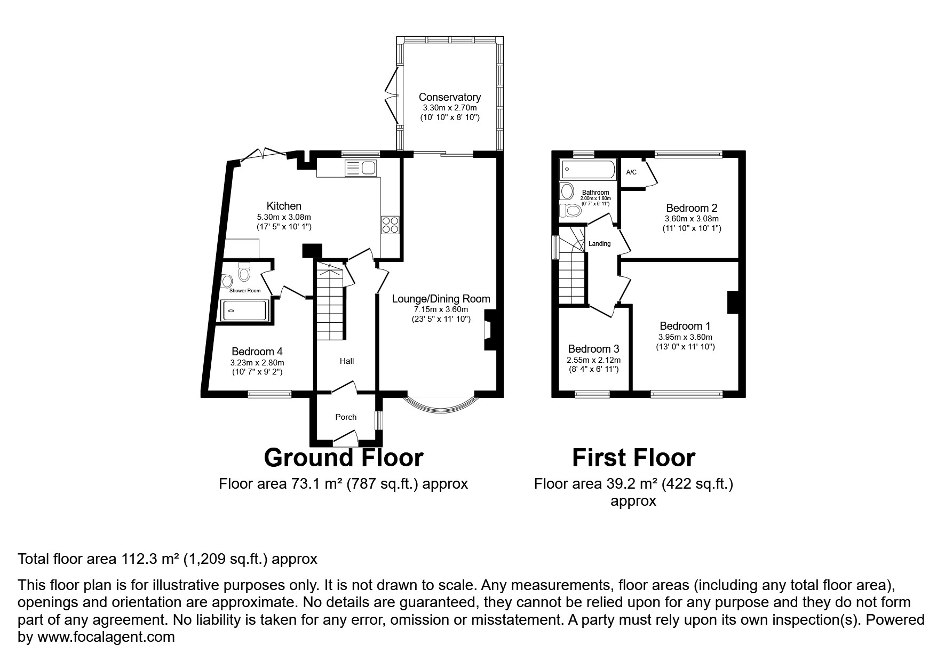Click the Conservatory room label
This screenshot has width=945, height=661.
[x=449, y=97]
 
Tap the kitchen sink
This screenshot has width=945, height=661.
[x=361, y=169]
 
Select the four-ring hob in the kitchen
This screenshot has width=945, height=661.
[x=390, y=225]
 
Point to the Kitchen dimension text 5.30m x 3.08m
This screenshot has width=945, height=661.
[x=284, y=217]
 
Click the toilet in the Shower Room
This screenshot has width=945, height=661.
[x=244, y=272]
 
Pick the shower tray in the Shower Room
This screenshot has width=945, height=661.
[x=243, y=310]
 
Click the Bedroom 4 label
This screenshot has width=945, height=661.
[x=257, y=352]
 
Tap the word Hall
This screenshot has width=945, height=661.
[x=347, y=361]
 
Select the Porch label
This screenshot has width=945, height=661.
[x=346, y=417]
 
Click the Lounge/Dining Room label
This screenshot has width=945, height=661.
[x=441, y=299]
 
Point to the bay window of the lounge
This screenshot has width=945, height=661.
[x=441, y=405]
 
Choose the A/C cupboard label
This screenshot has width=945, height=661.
[x=631, y=172]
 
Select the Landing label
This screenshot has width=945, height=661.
[x=599, y=244]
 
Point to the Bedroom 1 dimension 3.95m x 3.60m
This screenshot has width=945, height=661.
[x=685, y=337]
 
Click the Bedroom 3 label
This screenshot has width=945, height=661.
[x=593, y=349]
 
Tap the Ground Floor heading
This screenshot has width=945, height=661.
[x=344, y=458]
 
